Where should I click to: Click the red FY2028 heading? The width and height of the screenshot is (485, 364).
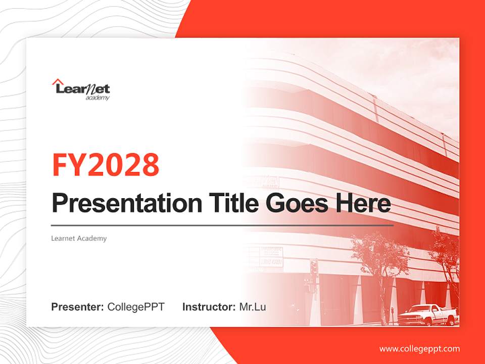pyautogui.click(x=106, y=165)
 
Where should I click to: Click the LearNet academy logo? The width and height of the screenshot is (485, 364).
pyautogui.click(x=81, y=89)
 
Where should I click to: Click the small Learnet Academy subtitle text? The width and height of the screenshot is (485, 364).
pyautogui.click(x=79, y=238)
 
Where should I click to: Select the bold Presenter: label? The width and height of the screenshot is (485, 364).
pyautogui.click(x=77, y=307)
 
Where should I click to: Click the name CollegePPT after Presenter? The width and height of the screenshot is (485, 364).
pyautogui.click(x=136, y=307)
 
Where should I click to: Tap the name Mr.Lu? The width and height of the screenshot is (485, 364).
pyautogui.click(x=253, y=307)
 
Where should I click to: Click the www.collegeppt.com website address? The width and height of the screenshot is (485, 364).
pyautogui.click(x=419, y=349)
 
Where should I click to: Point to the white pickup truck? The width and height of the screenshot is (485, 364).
pyautogui.click(x=427, y=315)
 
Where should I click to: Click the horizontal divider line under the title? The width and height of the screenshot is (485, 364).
pyautogui.click(x=222, y=225)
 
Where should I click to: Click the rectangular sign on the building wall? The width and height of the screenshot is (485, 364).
pyautogui.click(x=271, y=257)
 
